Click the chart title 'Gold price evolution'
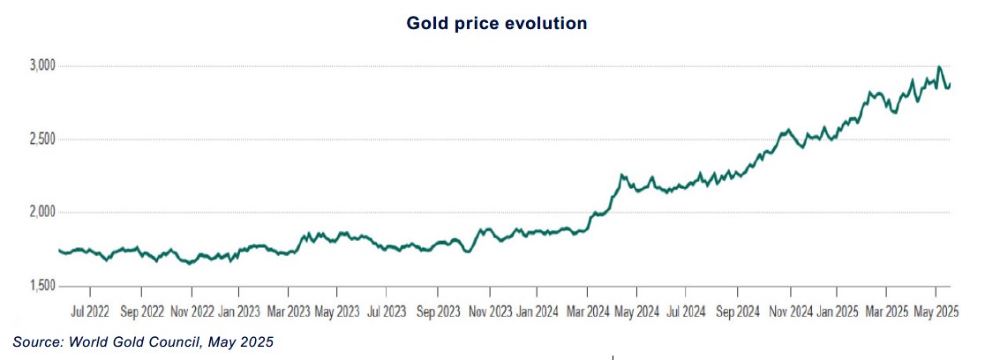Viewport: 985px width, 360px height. pos(497,24)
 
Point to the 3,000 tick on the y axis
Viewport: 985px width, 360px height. pos(41,66)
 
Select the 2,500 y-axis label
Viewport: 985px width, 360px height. pos(41,139)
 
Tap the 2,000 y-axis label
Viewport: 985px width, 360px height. pos(41,213)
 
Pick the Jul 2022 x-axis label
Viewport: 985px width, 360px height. pos(91,311)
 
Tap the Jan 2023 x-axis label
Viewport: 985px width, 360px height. pos(239,311)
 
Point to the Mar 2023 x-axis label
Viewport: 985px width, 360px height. pos(289,311)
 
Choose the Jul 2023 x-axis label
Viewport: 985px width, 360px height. pos(387,311)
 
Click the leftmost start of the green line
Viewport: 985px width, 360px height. pos(59,251)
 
